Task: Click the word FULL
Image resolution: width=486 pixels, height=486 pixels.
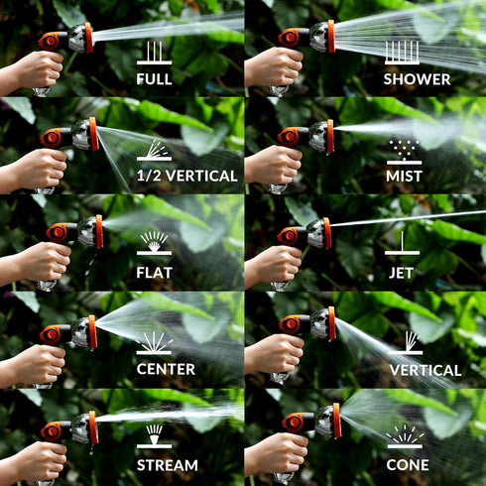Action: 154,79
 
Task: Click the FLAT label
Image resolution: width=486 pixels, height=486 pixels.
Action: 154,273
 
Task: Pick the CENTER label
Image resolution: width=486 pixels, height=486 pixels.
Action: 166,370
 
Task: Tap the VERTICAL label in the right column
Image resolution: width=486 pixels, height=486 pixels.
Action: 425,370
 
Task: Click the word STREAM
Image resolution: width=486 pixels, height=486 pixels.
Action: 166,464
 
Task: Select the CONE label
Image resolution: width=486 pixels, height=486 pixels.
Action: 407,464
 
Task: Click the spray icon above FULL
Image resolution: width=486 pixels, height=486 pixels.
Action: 154,54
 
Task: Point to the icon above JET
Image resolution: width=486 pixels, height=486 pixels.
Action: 401,244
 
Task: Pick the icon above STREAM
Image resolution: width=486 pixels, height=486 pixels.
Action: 154,436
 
